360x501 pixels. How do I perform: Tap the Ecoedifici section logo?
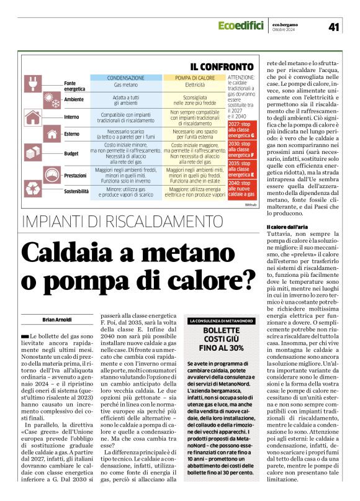[243, 25]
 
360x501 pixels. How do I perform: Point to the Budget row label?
[73, 152]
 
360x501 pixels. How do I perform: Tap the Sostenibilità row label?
[76, 191]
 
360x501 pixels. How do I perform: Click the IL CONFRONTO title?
[221, 66]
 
